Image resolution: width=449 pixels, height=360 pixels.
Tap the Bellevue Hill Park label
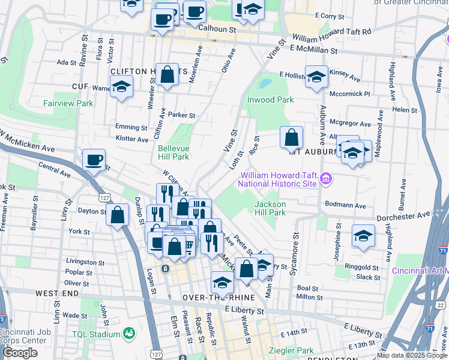pyautogui.click(x=173, y=152)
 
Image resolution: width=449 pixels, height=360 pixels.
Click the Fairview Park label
pyautogui.click(x=68, y=103)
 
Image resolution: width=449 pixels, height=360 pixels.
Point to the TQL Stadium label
pyautogui.click(x=96, y=334)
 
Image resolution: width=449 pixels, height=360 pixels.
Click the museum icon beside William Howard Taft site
pyautogui.click(x=326, y=178)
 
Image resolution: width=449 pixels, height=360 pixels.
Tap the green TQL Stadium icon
pyautogui.click(x=128, y=333)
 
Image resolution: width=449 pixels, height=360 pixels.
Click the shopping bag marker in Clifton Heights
pyautogui.click(x=167, y=75)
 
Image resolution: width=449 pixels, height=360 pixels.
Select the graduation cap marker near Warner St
pyautogui.click(x=121, y=87)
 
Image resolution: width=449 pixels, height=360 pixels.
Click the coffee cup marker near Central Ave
pyautogui.click(x=94, y=160)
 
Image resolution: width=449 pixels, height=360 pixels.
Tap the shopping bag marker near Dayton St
pyautogui.click(x=118, y=214)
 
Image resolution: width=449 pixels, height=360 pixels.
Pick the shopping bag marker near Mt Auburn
pyautogui.click(x=291, y=137)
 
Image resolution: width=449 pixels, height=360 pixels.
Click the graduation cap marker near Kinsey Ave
pyautogui.click(x=316, y=76)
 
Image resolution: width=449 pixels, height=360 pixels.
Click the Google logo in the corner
pyautogui.click(x=20, y=353)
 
